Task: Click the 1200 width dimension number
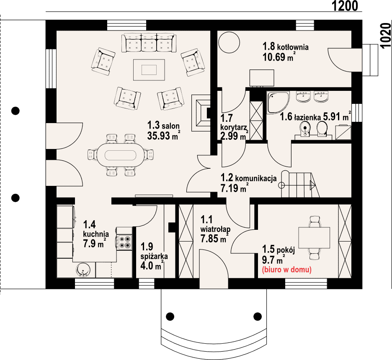(345, 6)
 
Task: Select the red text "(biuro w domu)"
(286, 270)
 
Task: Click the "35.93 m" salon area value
(163, 136)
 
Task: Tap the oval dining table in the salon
(121, 155)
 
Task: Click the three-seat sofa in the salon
(149, 43)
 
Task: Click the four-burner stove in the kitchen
(125, 242)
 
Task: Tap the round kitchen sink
(83, 270)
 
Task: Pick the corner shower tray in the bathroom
(278, 103)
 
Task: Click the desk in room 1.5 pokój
(314, 238)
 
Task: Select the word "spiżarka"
(154, 256)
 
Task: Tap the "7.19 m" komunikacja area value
(233, 188)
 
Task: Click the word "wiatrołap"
(216, 229)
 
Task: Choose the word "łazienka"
(307, 117)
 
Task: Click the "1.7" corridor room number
(227, 118)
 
